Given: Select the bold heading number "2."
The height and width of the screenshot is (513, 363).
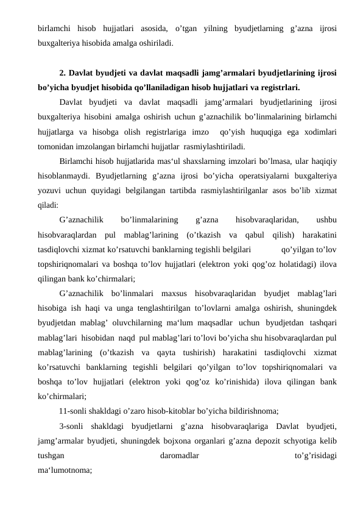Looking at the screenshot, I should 63,74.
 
